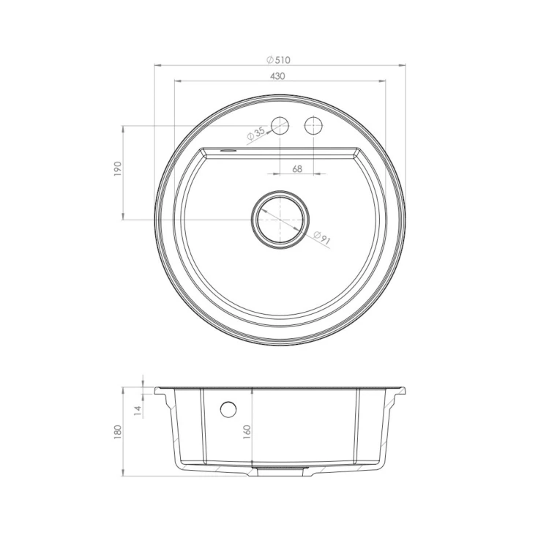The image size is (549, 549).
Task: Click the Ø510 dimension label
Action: pos(278,60)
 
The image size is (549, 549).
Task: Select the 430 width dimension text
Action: pos(277,76)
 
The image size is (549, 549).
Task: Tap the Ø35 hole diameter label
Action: pos(255,134)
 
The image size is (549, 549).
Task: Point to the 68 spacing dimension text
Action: pos(297,169)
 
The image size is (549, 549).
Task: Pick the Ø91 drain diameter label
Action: pos(322,238)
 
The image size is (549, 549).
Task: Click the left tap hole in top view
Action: pos(280,126)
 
